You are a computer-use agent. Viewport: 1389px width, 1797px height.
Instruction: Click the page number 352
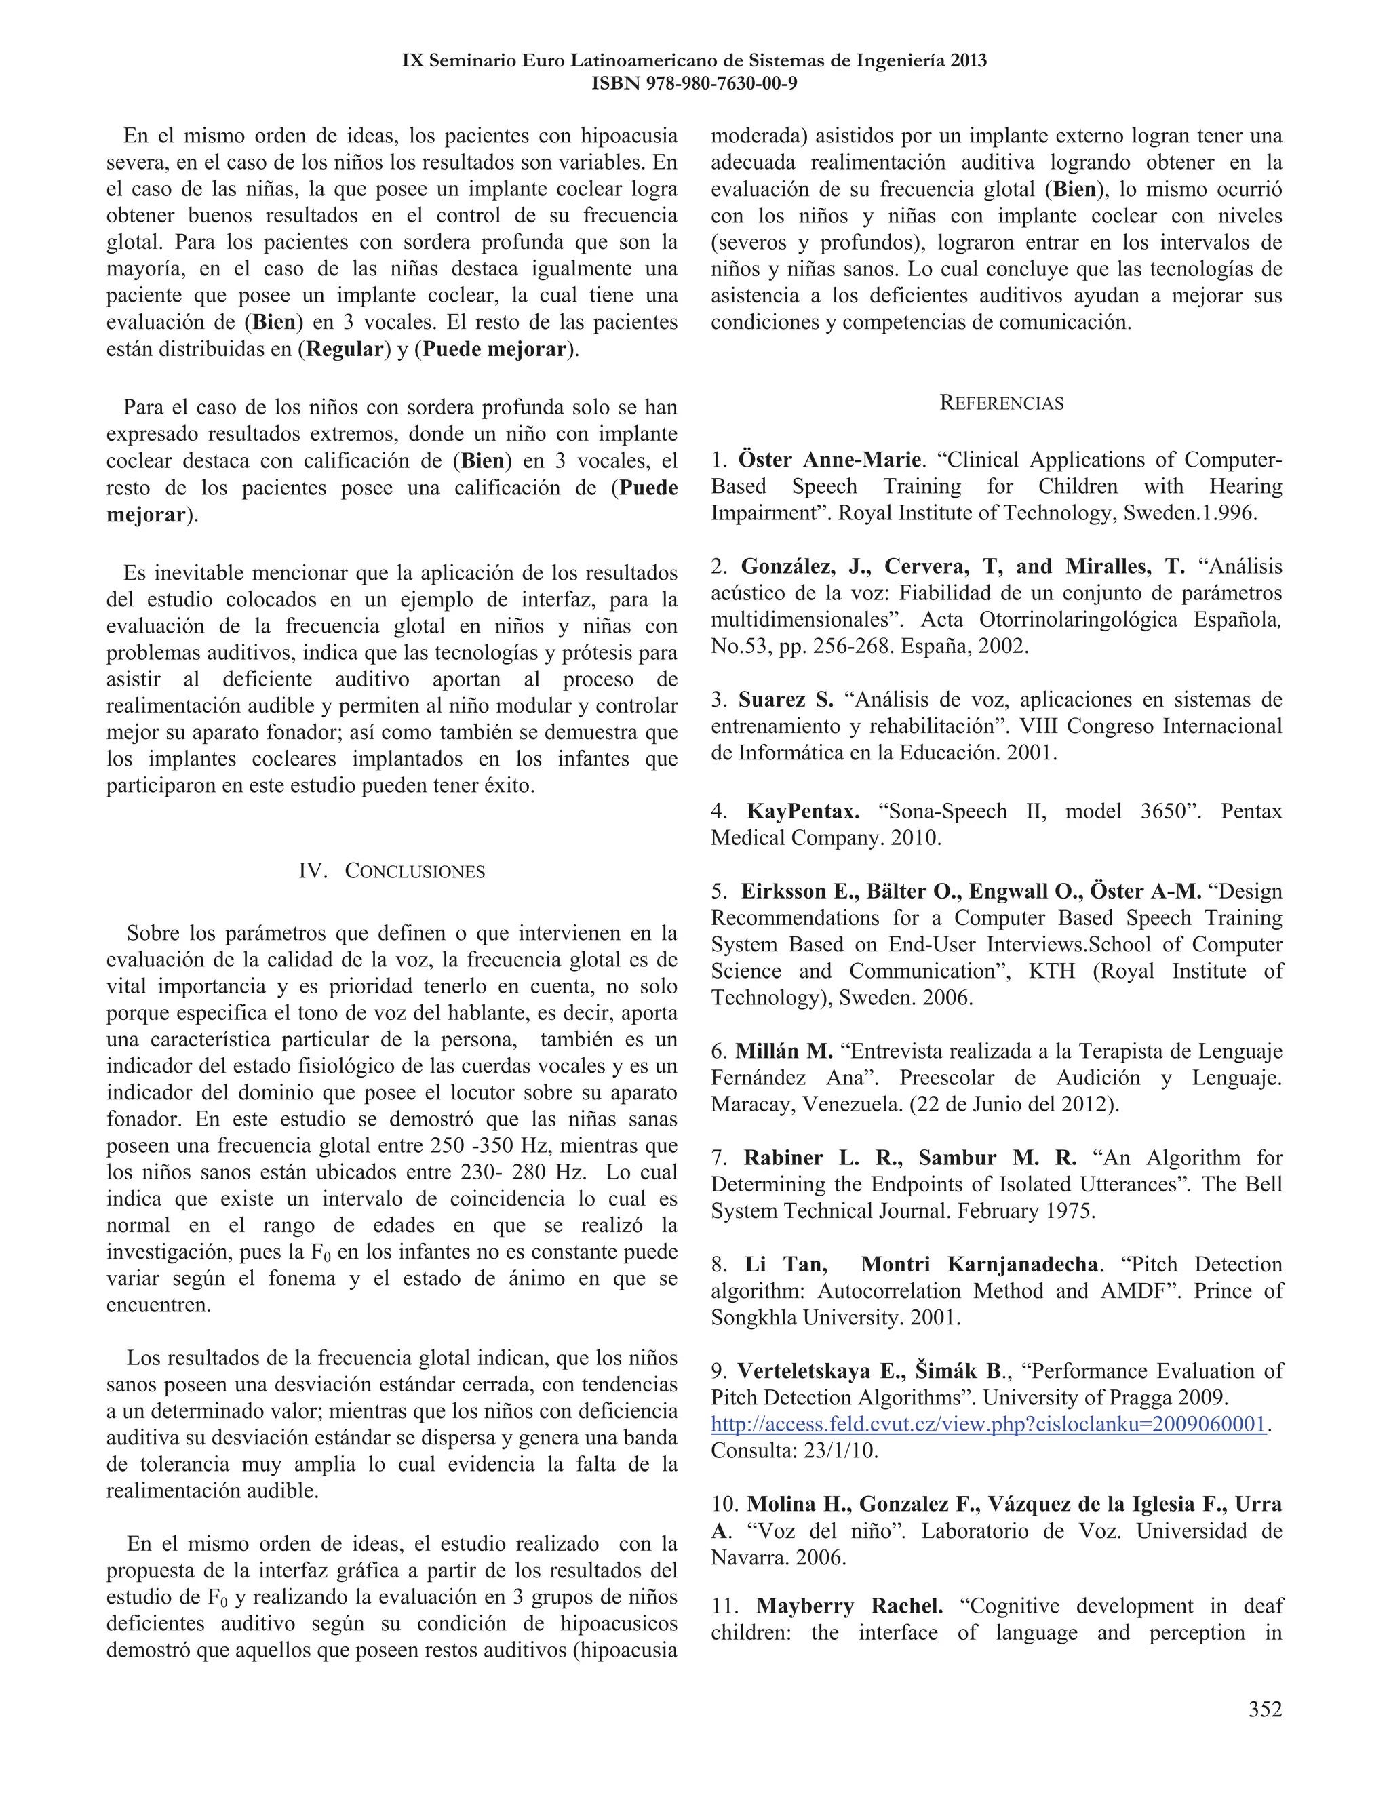click(1265, 1709)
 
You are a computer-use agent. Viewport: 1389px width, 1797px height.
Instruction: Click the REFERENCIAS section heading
click(1002, 403)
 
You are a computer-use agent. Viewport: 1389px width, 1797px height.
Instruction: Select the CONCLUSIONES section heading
click(414, 871)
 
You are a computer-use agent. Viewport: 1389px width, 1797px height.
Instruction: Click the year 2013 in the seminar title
click(968, 60)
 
